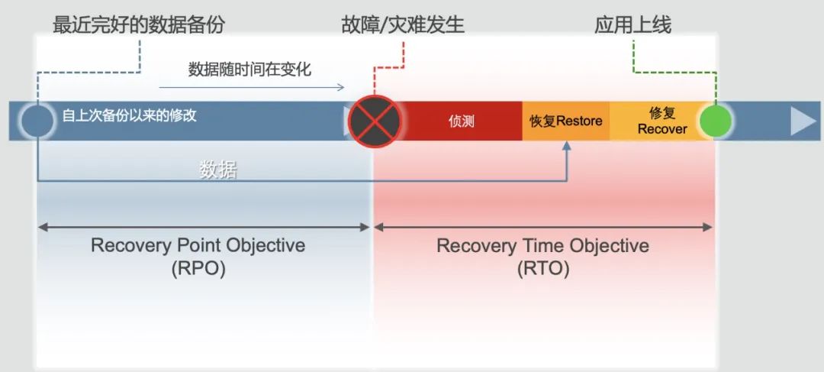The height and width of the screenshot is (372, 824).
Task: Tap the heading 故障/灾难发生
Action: click(x=403, y=24)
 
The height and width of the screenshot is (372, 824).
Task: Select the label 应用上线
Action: click(x=633, y=24)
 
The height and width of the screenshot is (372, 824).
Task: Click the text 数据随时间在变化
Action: click(x=249, y=70)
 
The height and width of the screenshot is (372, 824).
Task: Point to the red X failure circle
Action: click(x=375, y=121)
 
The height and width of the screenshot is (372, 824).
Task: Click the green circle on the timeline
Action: click(x=716, y=121)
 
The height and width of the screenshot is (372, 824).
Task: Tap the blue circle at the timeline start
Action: click(x=37, y=121)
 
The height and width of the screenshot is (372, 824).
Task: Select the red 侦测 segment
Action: click(x=462, y=121)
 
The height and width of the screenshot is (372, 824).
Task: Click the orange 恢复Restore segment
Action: click(x=566, y=121)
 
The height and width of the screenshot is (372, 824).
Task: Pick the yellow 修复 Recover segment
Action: click(x=661, y=121)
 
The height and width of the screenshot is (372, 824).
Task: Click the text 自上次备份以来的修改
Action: click(x=130, y=116)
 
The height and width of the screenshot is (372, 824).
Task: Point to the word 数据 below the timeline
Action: click(x=218, y=170)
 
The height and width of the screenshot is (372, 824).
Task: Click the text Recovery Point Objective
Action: click(x=198, y=246)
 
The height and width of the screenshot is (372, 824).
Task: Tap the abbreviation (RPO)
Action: click(x=198, y=269)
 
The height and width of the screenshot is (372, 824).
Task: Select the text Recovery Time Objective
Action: click(x=542, y=246)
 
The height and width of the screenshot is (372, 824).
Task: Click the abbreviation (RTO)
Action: click(x=542, y=269)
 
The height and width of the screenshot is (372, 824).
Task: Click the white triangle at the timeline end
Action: click(x=803, y=121)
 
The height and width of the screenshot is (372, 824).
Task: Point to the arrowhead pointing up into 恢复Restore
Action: click(x=568, y=147)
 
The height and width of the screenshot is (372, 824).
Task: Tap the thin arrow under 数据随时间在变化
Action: click(x=252, y=87)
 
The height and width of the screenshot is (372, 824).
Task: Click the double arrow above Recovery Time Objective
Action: click(x=542, y=227)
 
